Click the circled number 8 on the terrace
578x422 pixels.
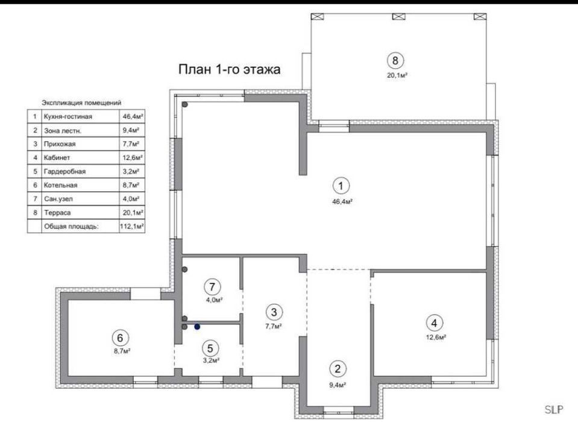pos(395,60)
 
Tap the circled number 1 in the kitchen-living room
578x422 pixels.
pos(341,186)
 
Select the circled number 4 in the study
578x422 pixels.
pos(434,323)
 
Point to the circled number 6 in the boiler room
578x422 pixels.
pos(120,338)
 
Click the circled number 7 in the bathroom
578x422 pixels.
pos(212,286)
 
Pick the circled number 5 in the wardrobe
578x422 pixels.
pos(210,348)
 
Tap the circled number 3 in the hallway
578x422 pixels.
pos(274,312)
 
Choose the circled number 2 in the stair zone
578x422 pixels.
pos(338,368)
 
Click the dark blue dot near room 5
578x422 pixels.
pos(197,327)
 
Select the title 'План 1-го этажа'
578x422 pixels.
pos(229,69)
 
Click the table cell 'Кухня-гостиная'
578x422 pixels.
pos(68,116)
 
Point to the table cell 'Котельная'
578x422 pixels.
pos(60,185)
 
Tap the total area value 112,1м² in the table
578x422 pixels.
pos(132,226)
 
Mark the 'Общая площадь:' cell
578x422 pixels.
pos(72,226)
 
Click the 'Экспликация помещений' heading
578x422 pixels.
pos(81,103)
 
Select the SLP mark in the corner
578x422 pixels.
pos(554,409)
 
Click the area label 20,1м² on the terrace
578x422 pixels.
pos(397,75)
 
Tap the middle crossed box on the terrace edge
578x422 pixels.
pos(399,17)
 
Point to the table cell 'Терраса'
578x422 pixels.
pos(57,213)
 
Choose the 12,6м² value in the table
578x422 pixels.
pos(133,158)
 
